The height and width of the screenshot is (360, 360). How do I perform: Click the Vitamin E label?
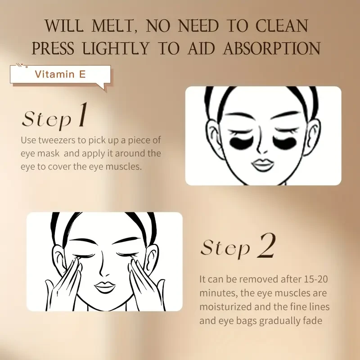[x=60, y=74]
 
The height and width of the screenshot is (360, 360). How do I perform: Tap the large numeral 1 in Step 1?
[x=81, y=116]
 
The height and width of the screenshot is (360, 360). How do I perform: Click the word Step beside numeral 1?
[x=47, y=119]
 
